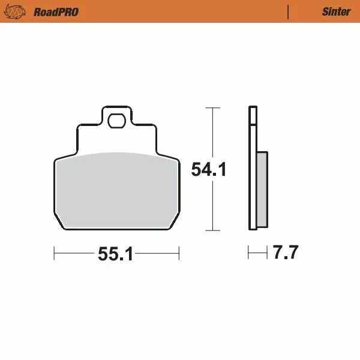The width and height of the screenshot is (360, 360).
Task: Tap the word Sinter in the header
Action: [336, 11]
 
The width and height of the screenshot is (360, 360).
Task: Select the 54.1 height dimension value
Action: [208, 170]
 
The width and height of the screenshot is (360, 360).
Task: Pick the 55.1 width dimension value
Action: [115, 254]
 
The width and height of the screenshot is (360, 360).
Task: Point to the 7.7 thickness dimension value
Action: [285, 253]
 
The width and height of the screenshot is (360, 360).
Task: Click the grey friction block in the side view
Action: [263, 190]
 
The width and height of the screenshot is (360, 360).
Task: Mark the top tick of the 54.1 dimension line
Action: [209, 107]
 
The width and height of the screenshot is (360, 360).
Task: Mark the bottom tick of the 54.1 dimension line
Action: [209, 230]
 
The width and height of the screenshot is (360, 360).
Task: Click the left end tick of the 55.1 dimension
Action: [54, 254]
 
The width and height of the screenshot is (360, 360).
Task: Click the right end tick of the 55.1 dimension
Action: [179, 254]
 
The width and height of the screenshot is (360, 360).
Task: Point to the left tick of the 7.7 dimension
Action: [248, 253]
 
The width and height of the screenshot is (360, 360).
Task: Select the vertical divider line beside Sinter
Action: [288, 11]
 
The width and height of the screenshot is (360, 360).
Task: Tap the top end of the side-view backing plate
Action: [253, 108]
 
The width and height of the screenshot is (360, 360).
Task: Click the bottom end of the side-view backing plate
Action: [253, 229]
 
